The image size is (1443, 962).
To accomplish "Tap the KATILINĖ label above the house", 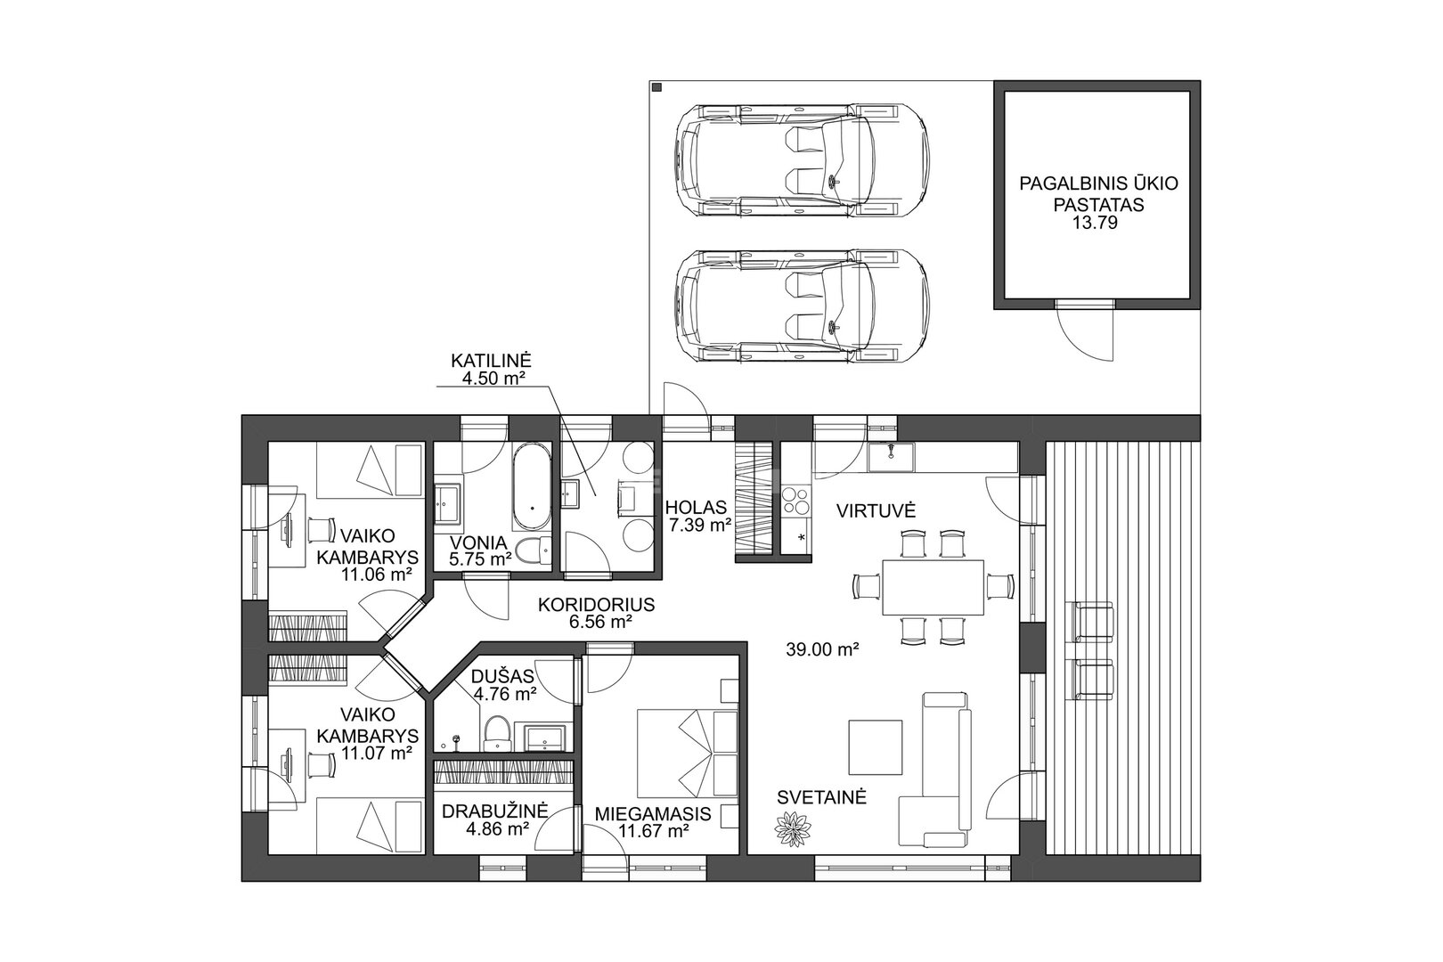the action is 491,360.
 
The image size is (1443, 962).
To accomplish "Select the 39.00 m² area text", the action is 822,649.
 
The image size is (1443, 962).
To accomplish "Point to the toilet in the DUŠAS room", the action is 497,734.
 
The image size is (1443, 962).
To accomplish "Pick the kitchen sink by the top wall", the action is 891,457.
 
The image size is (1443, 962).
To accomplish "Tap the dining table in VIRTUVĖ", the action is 932,588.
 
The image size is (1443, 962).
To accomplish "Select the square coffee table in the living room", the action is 876,747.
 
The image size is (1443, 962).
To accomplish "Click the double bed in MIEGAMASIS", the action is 687,753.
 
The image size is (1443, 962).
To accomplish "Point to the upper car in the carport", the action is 802,159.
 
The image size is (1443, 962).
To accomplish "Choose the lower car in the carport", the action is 802,306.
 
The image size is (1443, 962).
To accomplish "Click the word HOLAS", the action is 696,508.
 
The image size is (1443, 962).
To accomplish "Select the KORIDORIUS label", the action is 597,605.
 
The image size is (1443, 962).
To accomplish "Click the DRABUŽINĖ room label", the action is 494,811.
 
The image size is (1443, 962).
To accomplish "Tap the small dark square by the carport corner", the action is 657,87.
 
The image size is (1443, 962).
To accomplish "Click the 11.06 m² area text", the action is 377,575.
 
